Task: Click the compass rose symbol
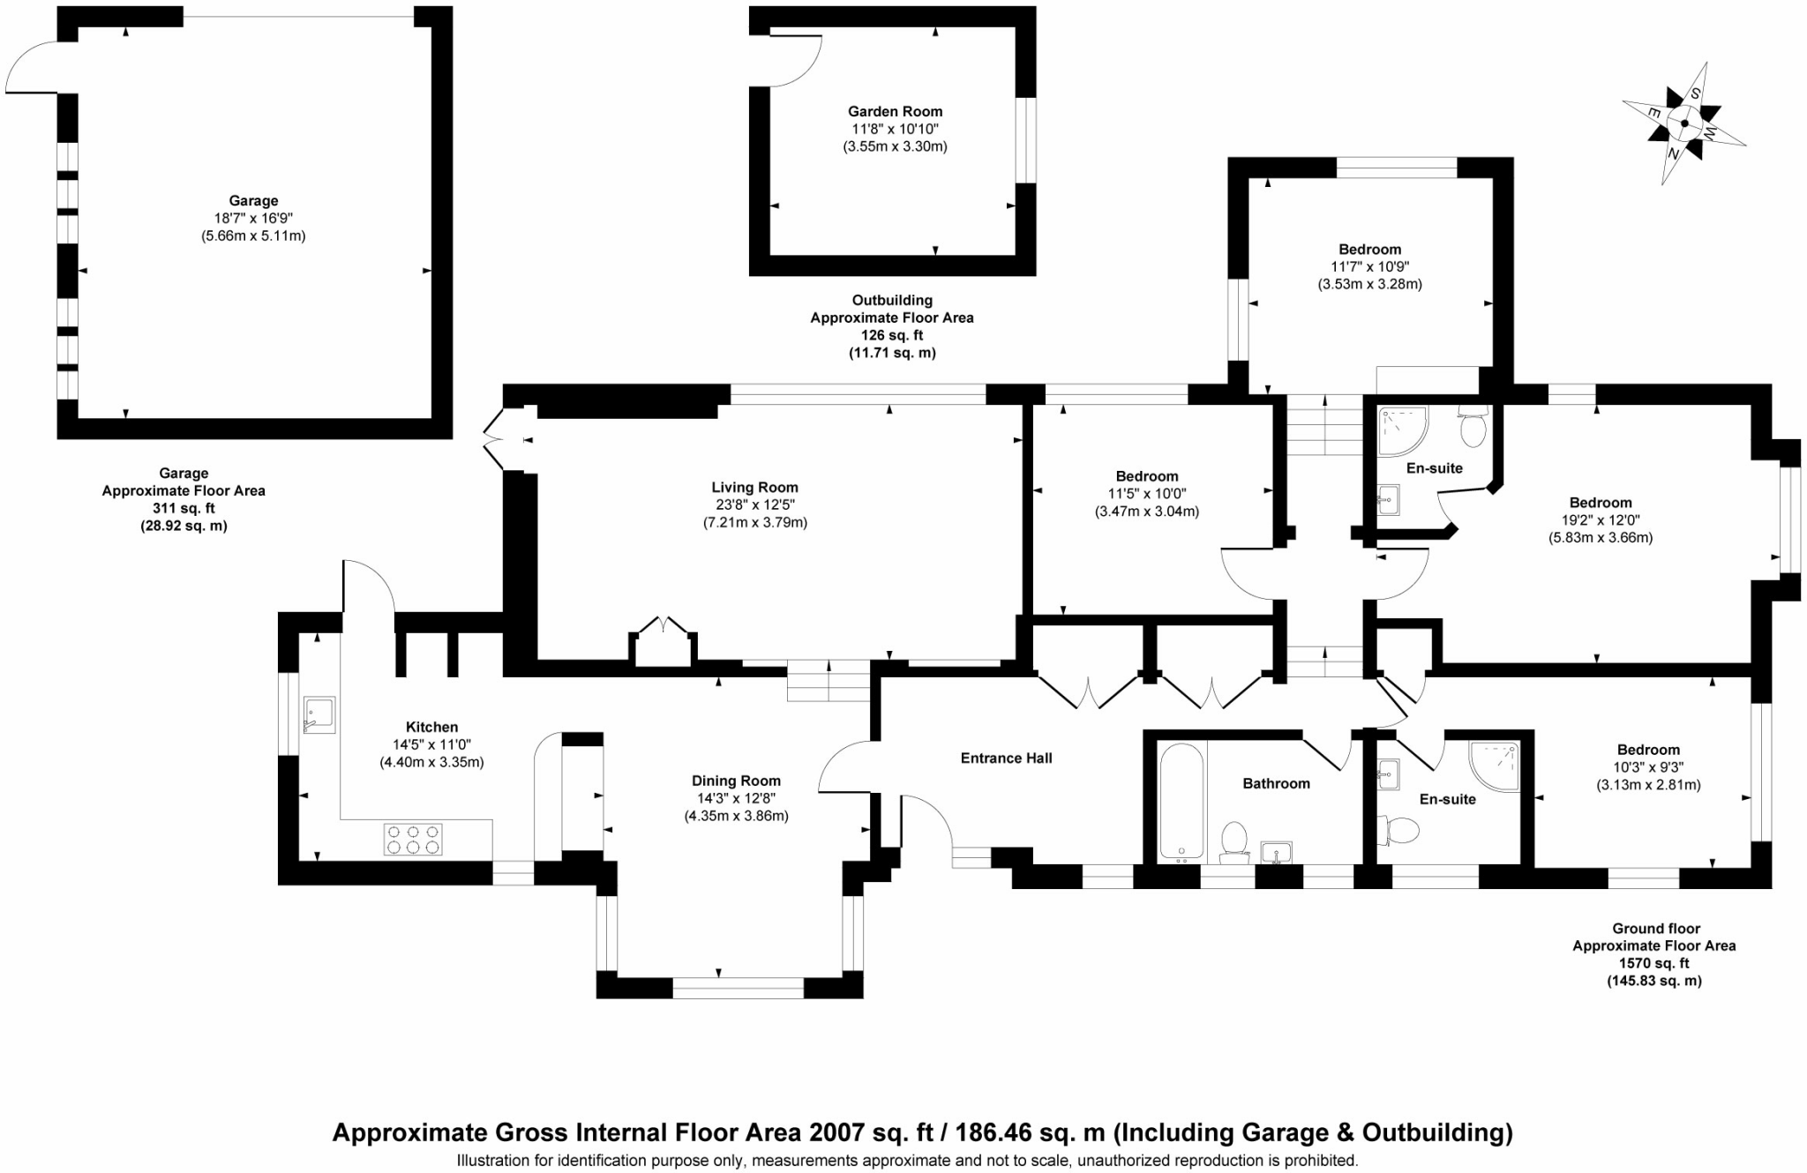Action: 1683,123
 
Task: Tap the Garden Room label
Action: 895,112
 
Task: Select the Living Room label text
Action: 754,488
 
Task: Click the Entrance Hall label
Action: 1006,758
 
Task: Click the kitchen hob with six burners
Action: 412,839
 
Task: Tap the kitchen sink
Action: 319,714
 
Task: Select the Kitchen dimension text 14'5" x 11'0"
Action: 431,745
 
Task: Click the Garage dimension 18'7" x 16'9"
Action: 253,219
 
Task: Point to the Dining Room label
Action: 736,781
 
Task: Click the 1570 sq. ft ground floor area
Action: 1653,963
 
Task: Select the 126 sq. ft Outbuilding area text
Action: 891,335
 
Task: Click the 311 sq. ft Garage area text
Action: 184,509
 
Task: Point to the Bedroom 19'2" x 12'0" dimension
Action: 1600,520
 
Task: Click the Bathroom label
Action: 1276,784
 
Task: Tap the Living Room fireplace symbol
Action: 663,642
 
